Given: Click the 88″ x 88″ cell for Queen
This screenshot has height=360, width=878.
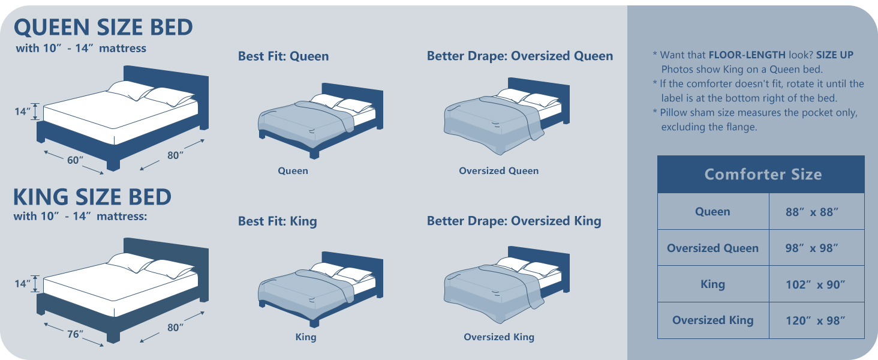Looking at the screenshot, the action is (x=816, y=211).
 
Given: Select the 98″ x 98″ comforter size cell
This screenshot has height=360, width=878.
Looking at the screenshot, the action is (x=816, y=248).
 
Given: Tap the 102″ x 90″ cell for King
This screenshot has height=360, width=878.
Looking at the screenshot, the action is (x=816, y=284).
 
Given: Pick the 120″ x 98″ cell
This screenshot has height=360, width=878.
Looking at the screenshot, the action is (x=816, y=320).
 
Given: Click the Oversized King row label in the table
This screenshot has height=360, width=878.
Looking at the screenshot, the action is (x=713, y=320).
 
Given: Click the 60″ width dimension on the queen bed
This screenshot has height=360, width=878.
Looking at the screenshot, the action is (x=75, y=160).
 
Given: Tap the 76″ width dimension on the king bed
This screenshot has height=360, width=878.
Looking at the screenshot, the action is (x=75, y=334).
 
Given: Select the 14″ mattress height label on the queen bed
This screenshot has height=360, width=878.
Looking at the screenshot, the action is (x=22, y=112).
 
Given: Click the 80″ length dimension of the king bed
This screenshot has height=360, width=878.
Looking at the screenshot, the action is (x=175, y=327).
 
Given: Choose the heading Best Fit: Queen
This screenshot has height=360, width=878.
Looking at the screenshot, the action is (x=284, y=56).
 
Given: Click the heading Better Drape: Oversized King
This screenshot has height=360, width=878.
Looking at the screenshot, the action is (x=514, y=221).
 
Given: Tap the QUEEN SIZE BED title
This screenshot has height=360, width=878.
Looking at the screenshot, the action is (x=104, y=27).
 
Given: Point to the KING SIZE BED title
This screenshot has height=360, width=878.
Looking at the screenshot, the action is (x=92, y=196).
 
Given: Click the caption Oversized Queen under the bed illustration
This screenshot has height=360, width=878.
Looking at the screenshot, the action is (x=498, y=170).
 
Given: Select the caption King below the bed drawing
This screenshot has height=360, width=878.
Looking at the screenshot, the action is (x=306, y=337).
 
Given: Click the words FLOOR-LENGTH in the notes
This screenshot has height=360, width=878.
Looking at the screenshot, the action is (x=747, y=55).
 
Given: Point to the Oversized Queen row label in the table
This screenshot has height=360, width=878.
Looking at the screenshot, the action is (x=713, y=248).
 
